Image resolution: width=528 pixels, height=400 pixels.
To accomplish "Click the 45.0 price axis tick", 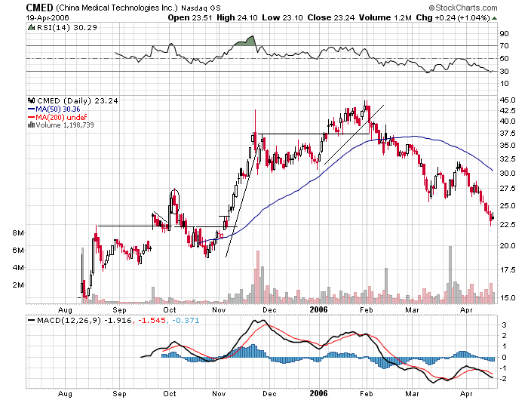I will point(508,100).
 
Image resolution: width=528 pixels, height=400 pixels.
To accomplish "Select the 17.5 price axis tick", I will point(508,270).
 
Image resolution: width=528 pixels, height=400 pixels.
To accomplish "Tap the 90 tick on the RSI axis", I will point(504,34).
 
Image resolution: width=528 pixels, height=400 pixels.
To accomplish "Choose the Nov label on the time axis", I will point(219,308).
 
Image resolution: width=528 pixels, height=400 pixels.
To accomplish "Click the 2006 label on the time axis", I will point(318,308).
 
